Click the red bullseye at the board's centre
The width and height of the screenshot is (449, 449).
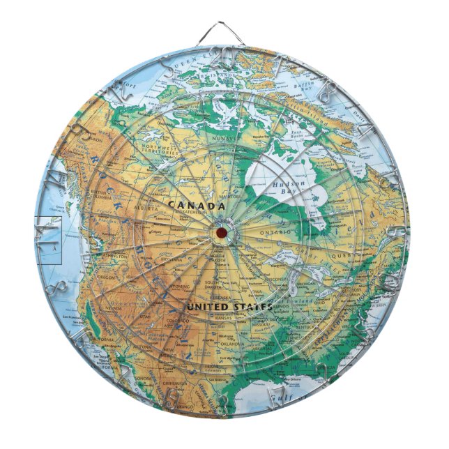(x=221, y=231)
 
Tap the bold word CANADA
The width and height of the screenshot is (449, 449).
(x=196, y=206)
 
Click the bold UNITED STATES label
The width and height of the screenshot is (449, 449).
(x=228, y=306)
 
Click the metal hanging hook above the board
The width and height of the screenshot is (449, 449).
(x=224, y=31)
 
